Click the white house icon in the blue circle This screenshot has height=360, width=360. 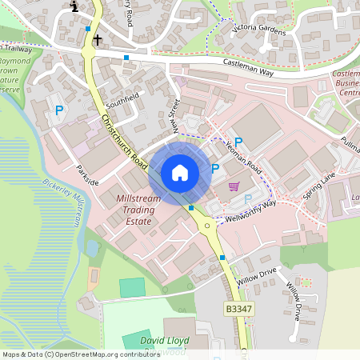180,172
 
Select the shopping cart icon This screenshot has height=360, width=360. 234,186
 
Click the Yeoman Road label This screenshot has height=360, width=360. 244,155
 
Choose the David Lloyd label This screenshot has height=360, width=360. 163,340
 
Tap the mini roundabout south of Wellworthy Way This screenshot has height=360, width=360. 208,226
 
